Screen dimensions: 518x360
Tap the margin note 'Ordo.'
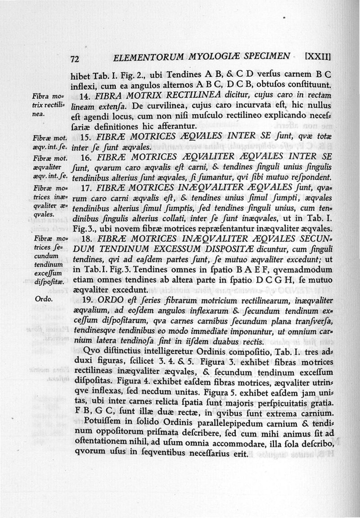tap(44, 299)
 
